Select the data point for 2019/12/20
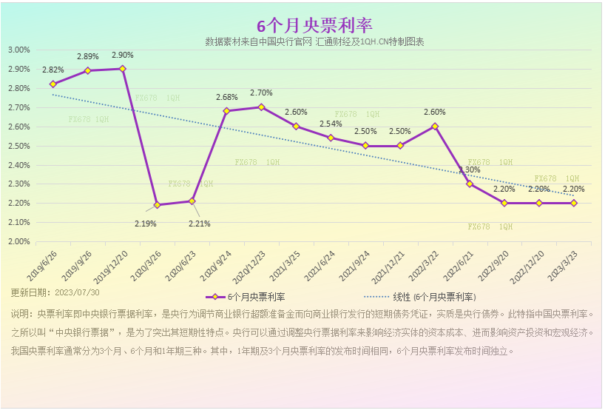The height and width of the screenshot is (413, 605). (x=122, y=69)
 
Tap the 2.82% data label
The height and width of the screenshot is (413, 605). (x=53, y=70)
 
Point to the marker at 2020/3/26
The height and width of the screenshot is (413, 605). (x=157, y=205)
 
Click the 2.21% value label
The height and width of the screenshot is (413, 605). (x=199, y=224)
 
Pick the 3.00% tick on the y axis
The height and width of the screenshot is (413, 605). (x=18, y=50)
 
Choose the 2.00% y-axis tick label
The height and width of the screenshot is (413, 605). (x=18, y=241)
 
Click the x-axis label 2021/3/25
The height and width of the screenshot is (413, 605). (x=285, y=264)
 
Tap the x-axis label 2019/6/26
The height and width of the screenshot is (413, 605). (x=42, y=264)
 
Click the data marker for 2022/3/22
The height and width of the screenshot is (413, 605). (x=435, y=127)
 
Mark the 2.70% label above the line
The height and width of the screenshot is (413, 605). (x=261, y=93)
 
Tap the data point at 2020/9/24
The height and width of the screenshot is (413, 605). (x=226, y=111)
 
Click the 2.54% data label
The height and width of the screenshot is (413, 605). (x=331, y=124)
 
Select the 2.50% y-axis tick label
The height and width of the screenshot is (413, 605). (x=18, y=146)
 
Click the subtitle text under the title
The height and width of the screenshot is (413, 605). (x=314, y=42)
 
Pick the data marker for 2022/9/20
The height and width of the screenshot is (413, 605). (x=504, y=203)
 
